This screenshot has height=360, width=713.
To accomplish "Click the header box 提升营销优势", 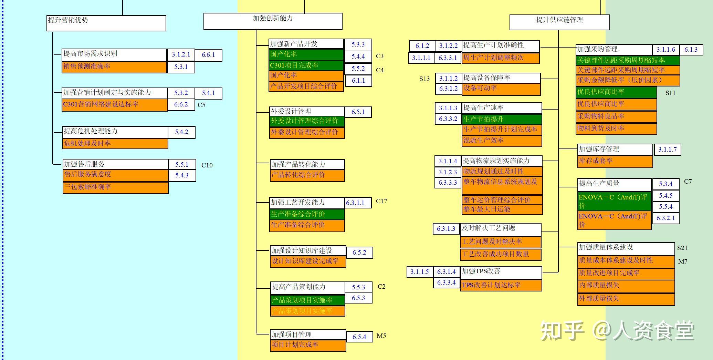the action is (x=106, y=23).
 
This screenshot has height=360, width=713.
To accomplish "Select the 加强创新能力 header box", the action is (x=273, y=21).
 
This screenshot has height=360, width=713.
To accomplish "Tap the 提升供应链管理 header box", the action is (x=559, y=22).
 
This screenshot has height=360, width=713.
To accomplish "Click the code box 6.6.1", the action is (x=208, y=55).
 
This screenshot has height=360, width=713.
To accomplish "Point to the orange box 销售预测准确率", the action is (x=114, y=67).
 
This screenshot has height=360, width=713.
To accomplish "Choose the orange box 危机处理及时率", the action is (x=115, y=144).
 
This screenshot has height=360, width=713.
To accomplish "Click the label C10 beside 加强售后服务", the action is (x=207, y=165).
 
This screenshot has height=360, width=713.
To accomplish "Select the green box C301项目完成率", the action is (x=306, y=65).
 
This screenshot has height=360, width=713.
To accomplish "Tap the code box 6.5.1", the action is (x=358, y=112).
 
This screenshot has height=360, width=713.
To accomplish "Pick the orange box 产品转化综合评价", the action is (x=307, y=175).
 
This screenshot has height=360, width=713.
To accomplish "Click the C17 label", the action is (x=381, y=201).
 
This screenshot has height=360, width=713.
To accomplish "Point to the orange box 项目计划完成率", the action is (x=308, y=345).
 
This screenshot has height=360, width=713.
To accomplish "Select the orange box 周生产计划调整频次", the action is (x=501, y=58).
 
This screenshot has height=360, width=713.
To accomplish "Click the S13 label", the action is (x=424, y=79).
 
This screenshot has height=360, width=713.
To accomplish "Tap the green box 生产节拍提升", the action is (x=502, y=120).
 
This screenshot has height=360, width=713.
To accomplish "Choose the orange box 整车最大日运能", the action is (x=502, y=209).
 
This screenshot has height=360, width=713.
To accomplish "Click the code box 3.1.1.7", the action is (x=667, y=150).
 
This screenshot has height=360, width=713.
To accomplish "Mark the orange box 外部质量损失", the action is (x=626, y=299).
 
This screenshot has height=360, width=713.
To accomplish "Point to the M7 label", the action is (x=683, y=261).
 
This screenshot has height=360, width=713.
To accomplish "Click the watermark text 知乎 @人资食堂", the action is (x=617, y=331).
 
